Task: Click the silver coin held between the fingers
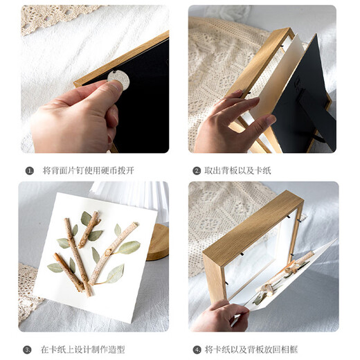click(119, 81)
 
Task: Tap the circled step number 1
click(29, 170)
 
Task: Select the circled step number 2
click(197, 170)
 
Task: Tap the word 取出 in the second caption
click(213, 170)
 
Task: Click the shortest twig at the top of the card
click(89, 229)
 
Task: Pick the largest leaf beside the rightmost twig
click(128, 247)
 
